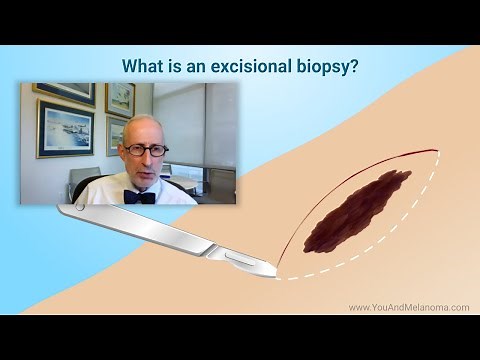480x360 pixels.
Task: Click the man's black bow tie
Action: tap(140, 197)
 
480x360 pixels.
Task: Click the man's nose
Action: tap(146, 158)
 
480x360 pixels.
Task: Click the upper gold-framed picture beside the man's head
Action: tap(119, 99)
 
